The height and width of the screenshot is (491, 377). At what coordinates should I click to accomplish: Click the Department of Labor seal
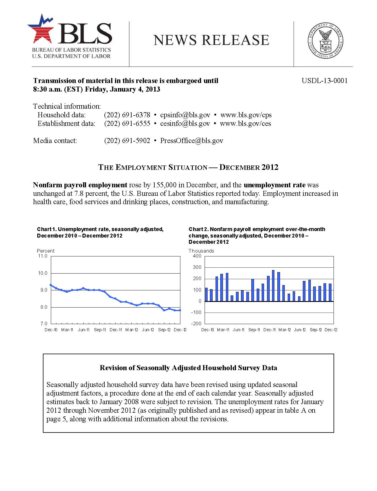[326, 40]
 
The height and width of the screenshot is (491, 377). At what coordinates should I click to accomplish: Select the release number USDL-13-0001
[324, 81]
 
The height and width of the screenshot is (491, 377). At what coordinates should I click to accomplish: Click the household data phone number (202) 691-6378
[127, 115]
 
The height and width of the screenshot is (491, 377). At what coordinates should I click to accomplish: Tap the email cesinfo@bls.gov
[185, 123]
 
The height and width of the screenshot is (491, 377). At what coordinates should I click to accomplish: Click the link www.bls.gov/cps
[246, 115]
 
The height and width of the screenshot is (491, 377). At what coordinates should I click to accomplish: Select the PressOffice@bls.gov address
[192, 141]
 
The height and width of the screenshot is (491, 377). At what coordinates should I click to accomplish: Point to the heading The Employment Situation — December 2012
[188, 167]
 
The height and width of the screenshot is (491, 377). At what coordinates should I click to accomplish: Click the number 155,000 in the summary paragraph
[164, 185]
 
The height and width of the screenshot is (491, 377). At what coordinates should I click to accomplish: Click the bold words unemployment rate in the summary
[274, 185]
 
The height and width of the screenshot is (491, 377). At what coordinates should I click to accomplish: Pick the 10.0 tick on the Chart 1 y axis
[43, 273]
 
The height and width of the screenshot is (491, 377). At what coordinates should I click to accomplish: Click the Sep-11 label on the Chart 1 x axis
[100, 330]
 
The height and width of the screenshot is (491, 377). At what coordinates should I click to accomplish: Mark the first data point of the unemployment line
[51, 285]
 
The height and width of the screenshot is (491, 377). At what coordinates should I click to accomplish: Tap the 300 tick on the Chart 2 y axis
[197, 267]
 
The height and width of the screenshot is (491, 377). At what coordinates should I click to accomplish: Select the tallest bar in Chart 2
[273, 286]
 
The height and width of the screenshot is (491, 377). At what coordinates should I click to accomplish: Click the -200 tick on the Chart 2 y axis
[196, 323]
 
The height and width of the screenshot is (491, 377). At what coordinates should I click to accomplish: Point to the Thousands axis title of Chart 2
[201, 251]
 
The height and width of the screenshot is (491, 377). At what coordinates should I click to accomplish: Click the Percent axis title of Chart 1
[46, 251]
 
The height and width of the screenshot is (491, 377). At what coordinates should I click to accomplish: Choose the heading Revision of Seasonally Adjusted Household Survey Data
[188, 368]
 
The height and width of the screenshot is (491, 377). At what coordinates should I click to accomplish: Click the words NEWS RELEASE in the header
[211, 40]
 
